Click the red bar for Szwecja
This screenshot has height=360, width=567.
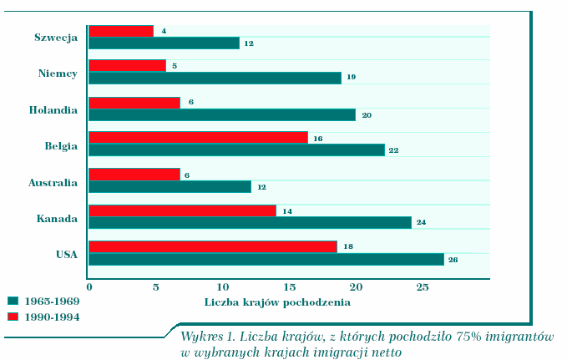click(x=121, y=31)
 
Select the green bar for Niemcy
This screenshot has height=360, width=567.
click(x=215, y=78)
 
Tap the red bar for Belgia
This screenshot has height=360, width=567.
click(x=198, y=138)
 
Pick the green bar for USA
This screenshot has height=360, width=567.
click(x=266, y=260)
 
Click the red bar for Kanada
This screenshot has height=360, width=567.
click(x=182, y=210)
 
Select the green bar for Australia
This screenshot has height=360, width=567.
click(x=170, y=186)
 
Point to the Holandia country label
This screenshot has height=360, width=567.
click(x=53, y=109)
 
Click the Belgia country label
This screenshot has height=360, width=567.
click(x=61, y=145)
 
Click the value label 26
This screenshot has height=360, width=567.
click(x=453, y=260)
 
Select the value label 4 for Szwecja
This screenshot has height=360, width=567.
click(x=163, y=31)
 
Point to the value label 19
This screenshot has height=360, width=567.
click(x=351, y=78)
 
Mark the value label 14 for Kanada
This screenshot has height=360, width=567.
click(x=286, y=210)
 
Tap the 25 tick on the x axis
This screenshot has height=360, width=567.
click(x=423, y=287)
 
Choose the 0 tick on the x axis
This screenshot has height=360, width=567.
click(x=89, y=287)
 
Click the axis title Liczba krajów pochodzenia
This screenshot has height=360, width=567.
click(x=277, y=301)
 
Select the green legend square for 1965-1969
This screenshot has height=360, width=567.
click(x=13, y=300)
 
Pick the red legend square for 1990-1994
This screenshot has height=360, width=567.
click(x=13, y=317)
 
